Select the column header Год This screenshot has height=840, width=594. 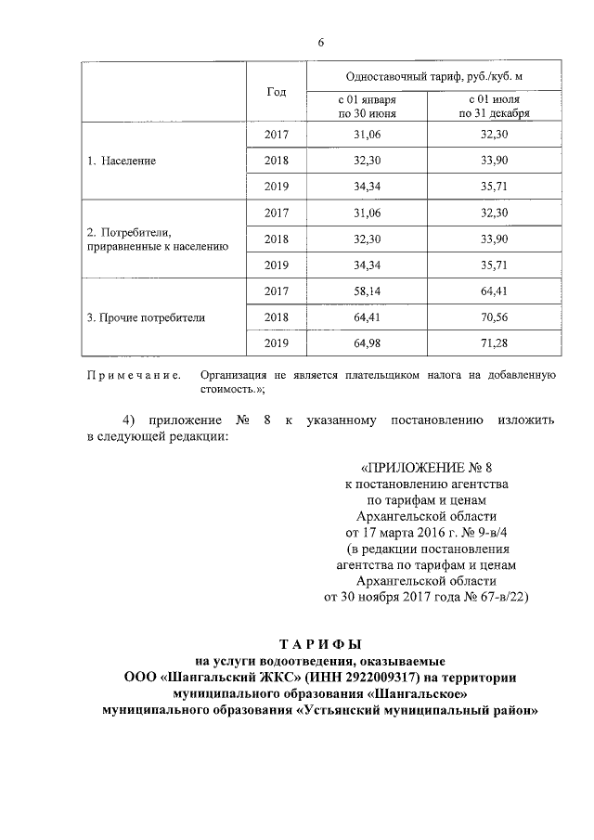(x=276, y=93)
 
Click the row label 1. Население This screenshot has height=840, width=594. (x=122, y=161)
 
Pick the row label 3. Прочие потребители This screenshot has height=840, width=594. (x=146, y=317)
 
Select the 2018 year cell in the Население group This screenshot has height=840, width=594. (x=277, y=161)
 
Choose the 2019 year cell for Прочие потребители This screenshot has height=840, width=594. (x=277, y=343)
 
